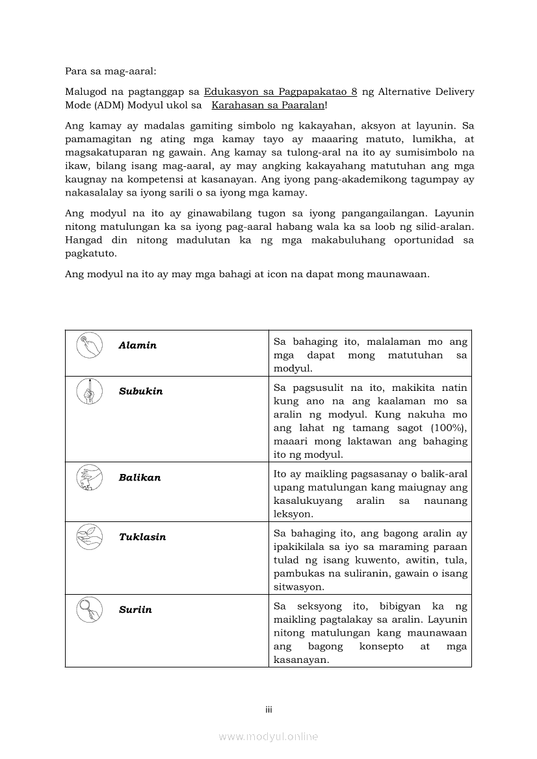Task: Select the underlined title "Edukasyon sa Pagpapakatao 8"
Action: pos(280,92)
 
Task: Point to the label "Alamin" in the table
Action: pos(137,345)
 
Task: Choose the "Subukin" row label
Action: pos(140,392)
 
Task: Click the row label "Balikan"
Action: pos(139,477)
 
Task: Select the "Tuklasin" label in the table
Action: pos(142,537)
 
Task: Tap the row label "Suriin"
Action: pos(135,610)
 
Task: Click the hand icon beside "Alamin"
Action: pos(89,345)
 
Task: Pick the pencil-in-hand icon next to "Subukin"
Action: pos(89,391)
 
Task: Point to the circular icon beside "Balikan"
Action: pos(89,477)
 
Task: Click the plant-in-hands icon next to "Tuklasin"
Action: pos(89,537)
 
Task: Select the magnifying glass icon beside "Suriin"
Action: pos(89,610)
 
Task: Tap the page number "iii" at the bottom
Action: pos(268,710)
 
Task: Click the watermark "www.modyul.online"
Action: pos(268,736)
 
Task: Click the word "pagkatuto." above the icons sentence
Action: pos(90,254)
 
